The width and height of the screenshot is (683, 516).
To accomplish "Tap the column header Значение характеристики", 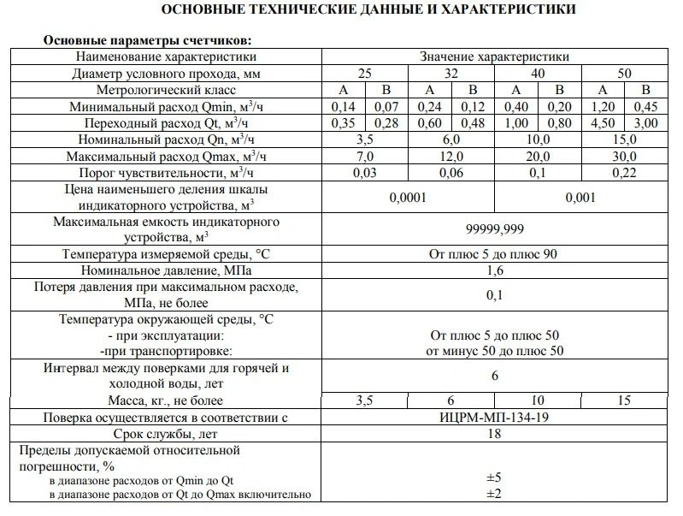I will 494,56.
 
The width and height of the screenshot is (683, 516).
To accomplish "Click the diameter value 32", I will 450,73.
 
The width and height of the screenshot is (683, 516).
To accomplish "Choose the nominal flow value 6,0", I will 450,139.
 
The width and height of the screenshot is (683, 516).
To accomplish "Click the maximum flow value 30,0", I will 624,156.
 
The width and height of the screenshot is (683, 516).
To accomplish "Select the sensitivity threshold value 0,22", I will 624,172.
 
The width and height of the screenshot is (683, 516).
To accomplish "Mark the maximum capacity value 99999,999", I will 494,229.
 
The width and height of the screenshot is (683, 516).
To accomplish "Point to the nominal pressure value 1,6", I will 494,271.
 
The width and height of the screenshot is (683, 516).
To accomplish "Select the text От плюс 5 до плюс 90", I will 494,255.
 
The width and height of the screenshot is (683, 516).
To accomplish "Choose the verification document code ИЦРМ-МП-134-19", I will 494,418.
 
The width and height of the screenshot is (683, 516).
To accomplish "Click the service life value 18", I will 494,434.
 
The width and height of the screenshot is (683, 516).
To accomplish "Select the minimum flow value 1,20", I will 603,106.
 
